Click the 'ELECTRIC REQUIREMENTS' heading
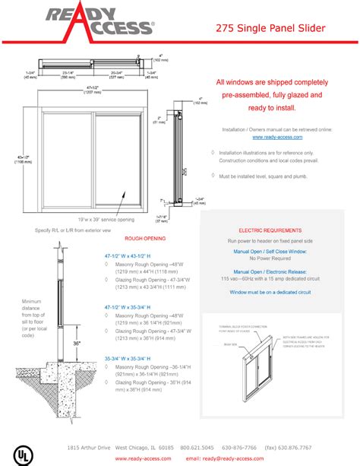[273, 229]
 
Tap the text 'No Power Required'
[273, 258]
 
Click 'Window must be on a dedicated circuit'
[273, 291]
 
